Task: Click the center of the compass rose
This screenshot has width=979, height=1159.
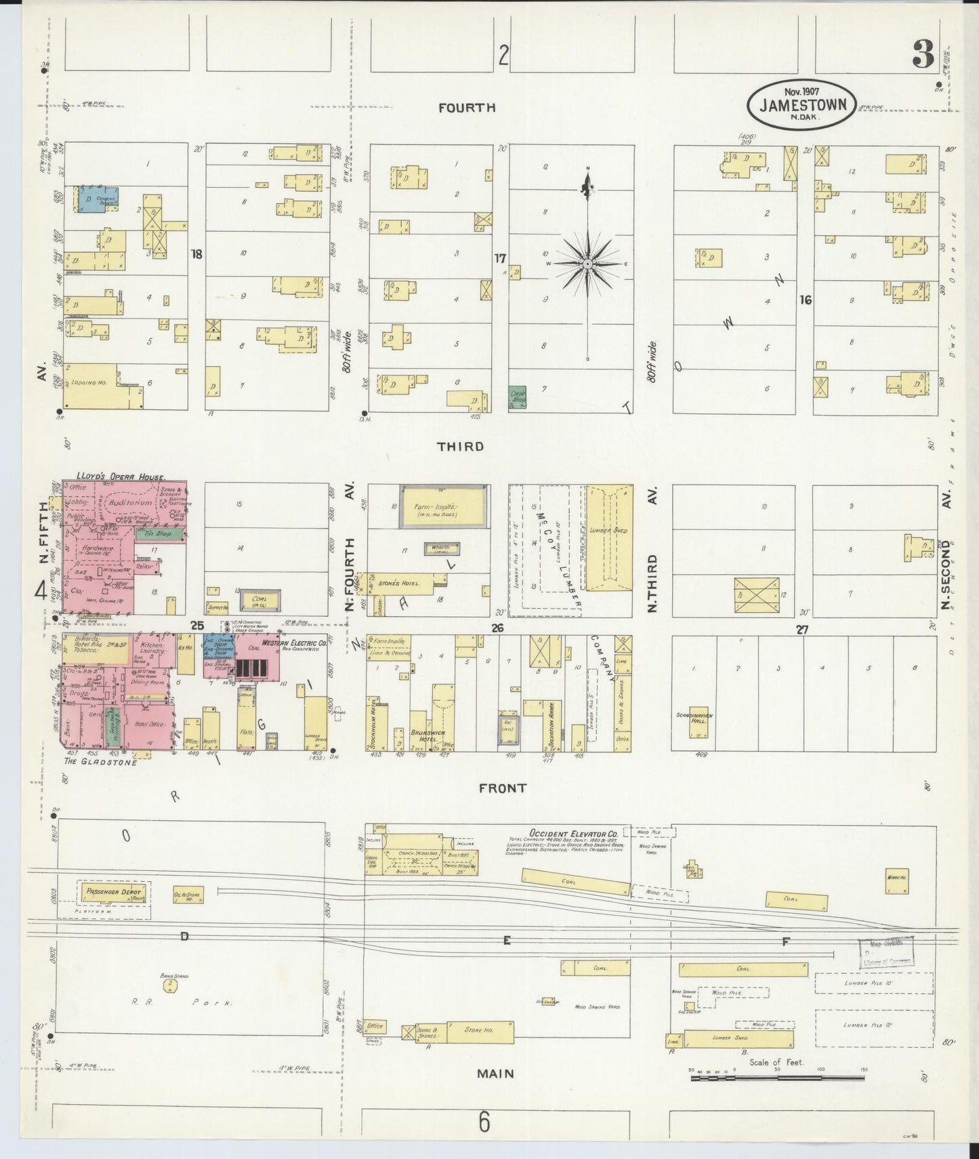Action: [x=588, y=263]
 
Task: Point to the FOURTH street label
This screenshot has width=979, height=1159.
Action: [x=466, y=107]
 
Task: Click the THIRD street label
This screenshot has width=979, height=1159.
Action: [x=460, y=446]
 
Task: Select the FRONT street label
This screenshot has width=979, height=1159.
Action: [x=502, y=788]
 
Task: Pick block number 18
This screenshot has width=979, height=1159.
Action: [x=196, y=254]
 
